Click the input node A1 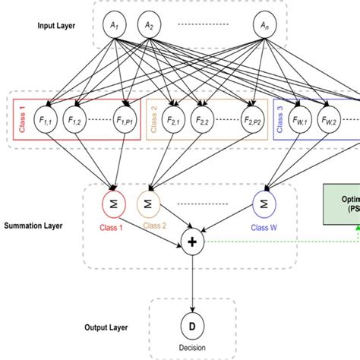coord(115,26)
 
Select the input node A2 coord(150,26)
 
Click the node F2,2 coord(203,121)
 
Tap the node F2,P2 coord(251,121)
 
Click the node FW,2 coord(329,121)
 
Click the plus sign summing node coord(192,242)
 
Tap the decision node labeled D coord(192,326)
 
